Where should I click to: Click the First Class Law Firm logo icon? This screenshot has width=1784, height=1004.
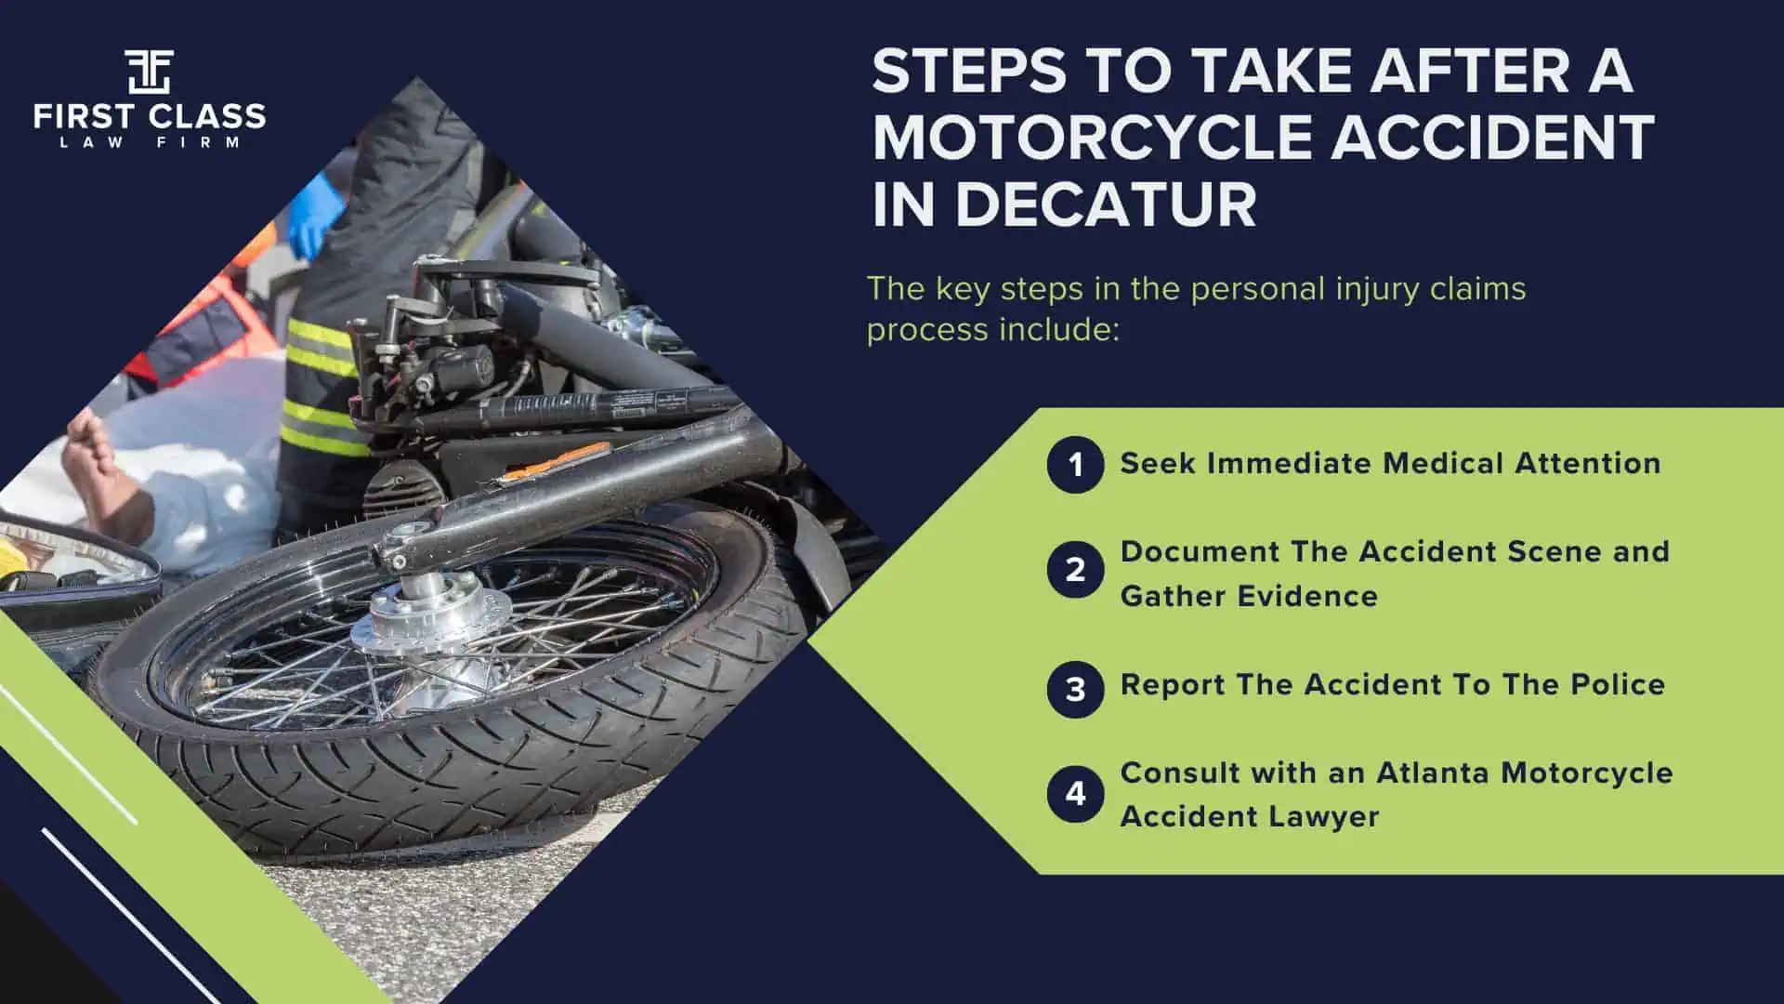point(149,72)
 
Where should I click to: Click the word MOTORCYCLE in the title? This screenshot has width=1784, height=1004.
point(1091,138)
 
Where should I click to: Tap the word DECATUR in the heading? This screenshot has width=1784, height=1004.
point(1106,205)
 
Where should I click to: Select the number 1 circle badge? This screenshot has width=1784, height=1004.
point(1075,464)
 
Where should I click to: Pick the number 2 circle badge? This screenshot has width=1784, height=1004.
point(1075,570)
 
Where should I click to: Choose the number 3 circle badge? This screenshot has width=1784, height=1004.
point(1075,689)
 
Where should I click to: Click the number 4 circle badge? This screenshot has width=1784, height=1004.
point(1075,794)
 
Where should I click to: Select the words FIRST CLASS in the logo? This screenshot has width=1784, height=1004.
point(149,117)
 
